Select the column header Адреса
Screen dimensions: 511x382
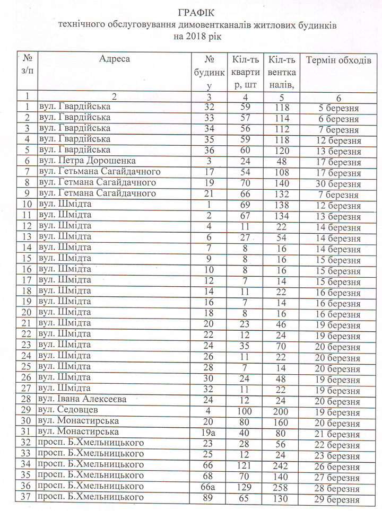(114, 59)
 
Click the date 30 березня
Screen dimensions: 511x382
(338, 184)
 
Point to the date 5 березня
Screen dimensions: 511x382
(338, 108)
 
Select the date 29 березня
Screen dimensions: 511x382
(338, 499)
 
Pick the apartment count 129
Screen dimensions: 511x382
(245, 487)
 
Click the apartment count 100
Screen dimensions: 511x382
(245, 410)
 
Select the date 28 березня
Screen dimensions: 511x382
(338, 488)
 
